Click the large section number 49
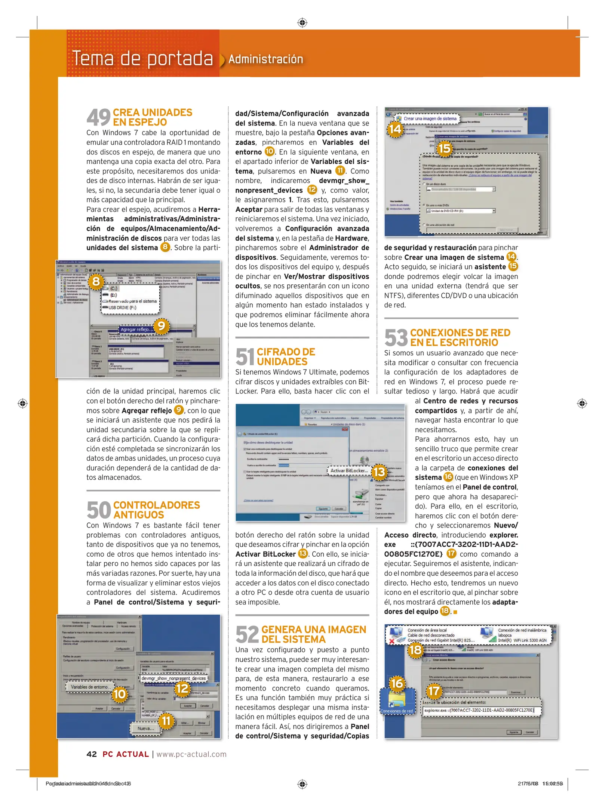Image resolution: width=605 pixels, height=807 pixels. click(98, 117)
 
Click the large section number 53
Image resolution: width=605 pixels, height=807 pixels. click(396, 337)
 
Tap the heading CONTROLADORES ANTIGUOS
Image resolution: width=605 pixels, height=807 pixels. click(156, 510)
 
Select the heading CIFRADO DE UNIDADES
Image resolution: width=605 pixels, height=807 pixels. click(286, 356)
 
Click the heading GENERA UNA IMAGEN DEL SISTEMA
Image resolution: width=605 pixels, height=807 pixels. click(313, 634)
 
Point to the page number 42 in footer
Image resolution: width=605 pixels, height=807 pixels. click(92, 754)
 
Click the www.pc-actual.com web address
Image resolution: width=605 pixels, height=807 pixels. click(191, 754)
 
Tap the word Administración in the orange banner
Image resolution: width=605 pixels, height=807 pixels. click(265, 59)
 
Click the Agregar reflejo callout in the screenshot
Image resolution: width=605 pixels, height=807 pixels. click(136, 329)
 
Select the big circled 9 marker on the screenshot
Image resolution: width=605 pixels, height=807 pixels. click(162, 326)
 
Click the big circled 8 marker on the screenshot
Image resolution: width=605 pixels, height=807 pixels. click(96, 281)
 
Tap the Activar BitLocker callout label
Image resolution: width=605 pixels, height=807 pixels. click(348, 470)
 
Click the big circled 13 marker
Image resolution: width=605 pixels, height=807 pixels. click(379, 472)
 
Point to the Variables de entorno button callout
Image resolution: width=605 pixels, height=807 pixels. click(90, 687)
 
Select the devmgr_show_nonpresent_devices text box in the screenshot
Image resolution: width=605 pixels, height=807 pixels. click(173, 678)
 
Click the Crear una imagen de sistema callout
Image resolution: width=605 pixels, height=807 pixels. click(430, 118)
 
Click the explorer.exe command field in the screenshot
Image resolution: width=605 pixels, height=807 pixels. click(481, 710)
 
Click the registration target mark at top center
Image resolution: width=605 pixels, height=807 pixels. click(302, 22)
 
